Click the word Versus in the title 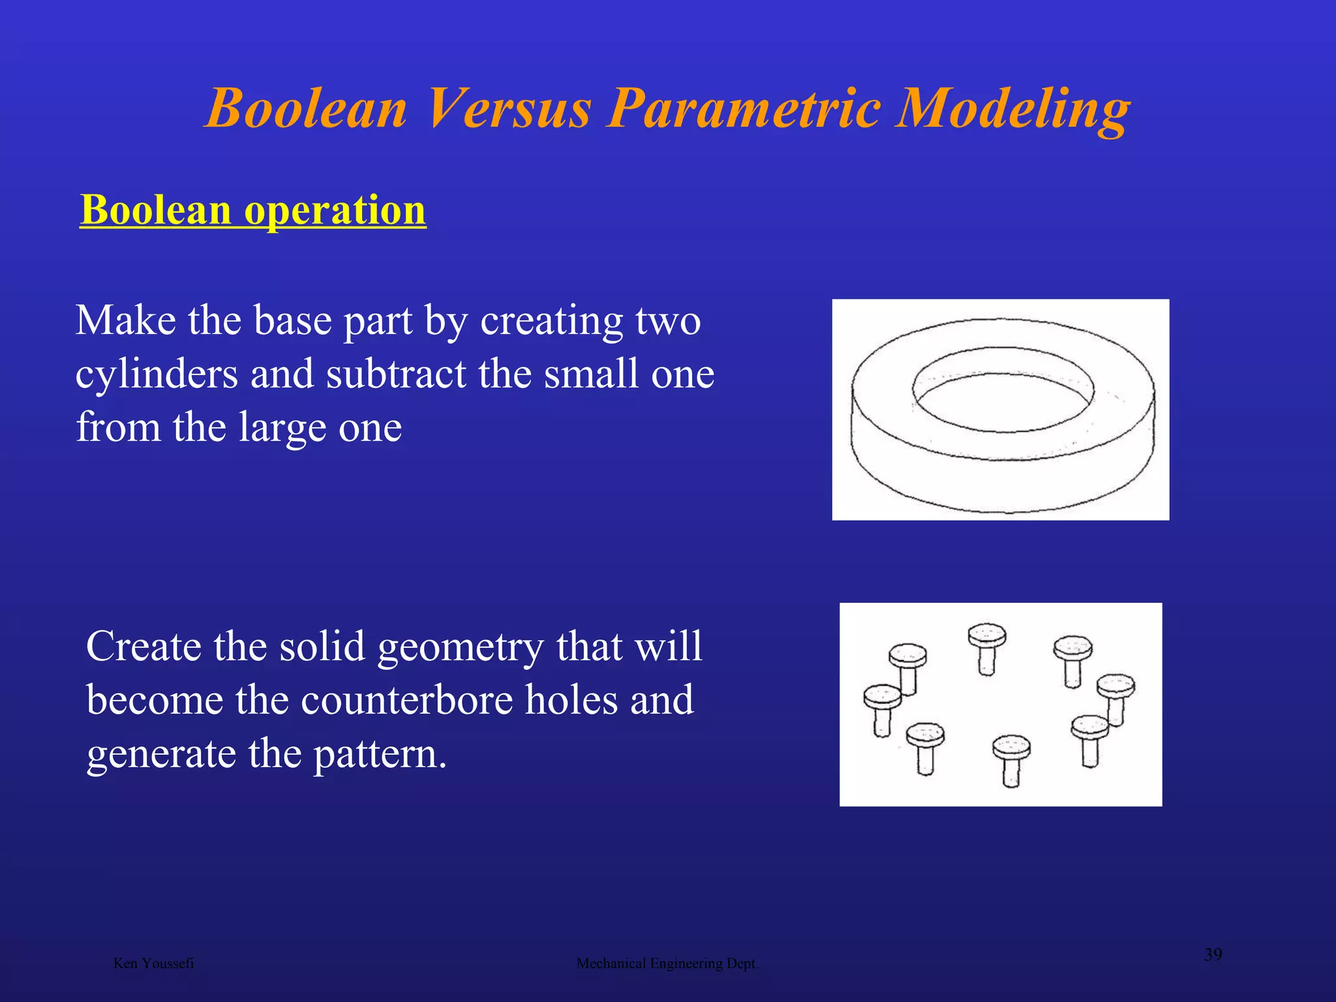click(509, 108)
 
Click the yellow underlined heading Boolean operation click(253, 210)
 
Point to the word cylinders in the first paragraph click(157, 374)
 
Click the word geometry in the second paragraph click(461, 646)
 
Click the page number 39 click(1213, 955)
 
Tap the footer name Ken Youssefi click(153, 964)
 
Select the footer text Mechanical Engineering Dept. click(667, 964)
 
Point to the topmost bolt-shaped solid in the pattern click(987, 646)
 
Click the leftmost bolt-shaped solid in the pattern click(882, 708)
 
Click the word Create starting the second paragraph click(144, 646)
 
